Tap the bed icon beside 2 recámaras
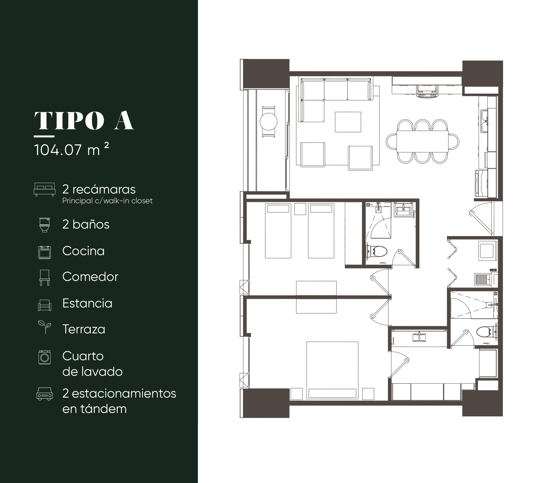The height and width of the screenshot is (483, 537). (x=45, y=189)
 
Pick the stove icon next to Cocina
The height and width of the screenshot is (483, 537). (x=45, y=252)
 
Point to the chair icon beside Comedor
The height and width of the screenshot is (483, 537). (x=45, y=277)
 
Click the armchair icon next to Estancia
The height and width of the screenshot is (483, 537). (x=45, y=305)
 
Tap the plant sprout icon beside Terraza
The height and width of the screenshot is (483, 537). (x=45, y=327)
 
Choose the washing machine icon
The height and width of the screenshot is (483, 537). (x=45, y=357)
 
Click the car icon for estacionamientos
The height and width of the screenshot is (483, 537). (x=45, y=394)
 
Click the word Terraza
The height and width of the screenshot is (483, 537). (x=84, y=329)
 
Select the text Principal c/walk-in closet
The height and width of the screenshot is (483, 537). (x=107, y=201)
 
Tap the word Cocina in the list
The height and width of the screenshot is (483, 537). (x=83, y=251)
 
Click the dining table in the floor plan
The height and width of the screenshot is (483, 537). (x=423, y=141)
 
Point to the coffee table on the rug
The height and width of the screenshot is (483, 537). (x=347, y=122)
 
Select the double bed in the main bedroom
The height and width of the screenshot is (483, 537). (x=333, y=369)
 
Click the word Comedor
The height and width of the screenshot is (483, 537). (x=90, y=277)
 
